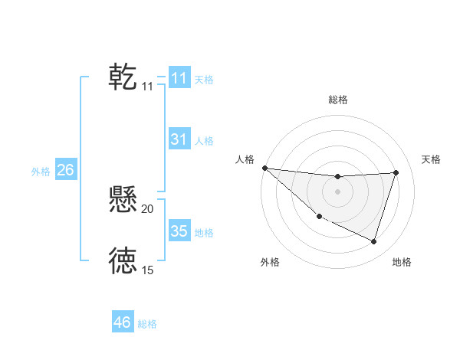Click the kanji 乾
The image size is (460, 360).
pos(123,77)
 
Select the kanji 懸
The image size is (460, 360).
pos(123,200)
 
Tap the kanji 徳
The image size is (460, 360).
pos(123,261)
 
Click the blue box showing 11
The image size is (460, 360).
pos(179,78)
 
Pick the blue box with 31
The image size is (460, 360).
pos(179,139)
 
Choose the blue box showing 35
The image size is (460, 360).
pos(179,231)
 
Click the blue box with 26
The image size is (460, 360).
pos(65,170)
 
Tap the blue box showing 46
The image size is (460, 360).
pos(123,322)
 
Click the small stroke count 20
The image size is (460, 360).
pos(148,208)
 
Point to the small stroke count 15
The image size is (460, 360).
pos(148,270)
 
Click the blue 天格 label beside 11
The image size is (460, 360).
pos(204,80)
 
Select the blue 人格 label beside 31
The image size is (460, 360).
pos(204,141)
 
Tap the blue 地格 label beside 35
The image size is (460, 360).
pos(204,233)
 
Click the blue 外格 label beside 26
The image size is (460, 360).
pos(41,172)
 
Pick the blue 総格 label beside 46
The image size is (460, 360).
pos(147,324)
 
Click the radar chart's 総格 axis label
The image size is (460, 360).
pos(338,100)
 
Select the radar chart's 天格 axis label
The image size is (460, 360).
pos(432,159)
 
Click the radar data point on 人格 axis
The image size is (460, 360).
pos(264,168)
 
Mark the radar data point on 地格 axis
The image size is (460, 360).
pos(374,241)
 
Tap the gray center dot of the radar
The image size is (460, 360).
pos(338,191)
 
